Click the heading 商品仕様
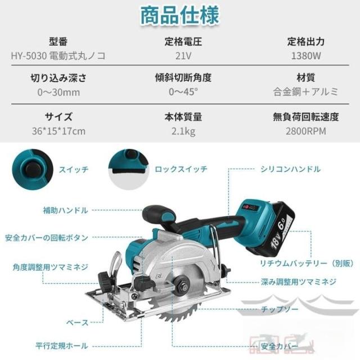180,16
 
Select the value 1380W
306,56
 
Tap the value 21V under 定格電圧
183,56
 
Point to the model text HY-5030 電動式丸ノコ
58,56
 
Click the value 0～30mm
58,92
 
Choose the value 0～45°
183,92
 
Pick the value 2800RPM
306,131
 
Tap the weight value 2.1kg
183,131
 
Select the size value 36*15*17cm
58,131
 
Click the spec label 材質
306,78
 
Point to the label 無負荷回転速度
306,117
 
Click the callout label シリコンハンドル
290,169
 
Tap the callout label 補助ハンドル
66,210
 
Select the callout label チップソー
280,309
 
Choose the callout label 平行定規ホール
62,346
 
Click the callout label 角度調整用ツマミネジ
50,267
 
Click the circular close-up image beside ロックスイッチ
129,169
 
